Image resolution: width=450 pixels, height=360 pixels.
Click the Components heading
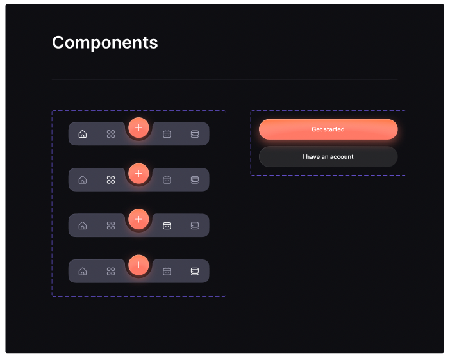tap(104, 43)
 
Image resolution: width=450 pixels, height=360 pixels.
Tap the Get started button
tap(328, 129)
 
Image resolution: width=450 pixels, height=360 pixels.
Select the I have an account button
tap(328, 157)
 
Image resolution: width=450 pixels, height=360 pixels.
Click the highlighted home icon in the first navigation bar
tap(83, 134)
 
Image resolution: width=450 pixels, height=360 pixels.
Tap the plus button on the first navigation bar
tap(138, 127)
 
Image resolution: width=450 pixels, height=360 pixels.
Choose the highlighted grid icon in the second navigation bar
tap(111, 180)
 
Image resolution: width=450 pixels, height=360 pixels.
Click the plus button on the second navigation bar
tap(138, 174)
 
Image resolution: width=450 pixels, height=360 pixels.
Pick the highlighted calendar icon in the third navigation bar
tap(167, 225)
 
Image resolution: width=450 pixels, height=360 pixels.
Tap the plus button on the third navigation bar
tap(138, 219)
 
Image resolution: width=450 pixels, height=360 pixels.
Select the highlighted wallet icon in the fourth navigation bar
tap(195, 272)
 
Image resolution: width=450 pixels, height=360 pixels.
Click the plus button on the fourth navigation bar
tap(138, 265)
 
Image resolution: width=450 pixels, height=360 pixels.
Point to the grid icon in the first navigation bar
tap(111, 134)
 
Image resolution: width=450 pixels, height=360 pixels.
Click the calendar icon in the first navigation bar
tap(167, 134)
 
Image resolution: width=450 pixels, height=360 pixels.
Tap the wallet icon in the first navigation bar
tap(195, 134)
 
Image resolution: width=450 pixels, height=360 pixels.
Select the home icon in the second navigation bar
tap(83, 180)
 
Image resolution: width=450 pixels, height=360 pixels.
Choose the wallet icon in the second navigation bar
tap(195, 180)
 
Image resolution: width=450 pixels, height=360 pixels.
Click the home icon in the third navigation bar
tap(83, 225)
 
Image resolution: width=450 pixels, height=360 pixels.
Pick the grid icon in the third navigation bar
tap(111, 225)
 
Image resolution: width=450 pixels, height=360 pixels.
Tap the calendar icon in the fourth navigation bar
tap(167, 272)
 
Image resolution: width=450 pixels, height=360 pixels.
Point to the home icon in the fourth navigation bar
tap(83, 272)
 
